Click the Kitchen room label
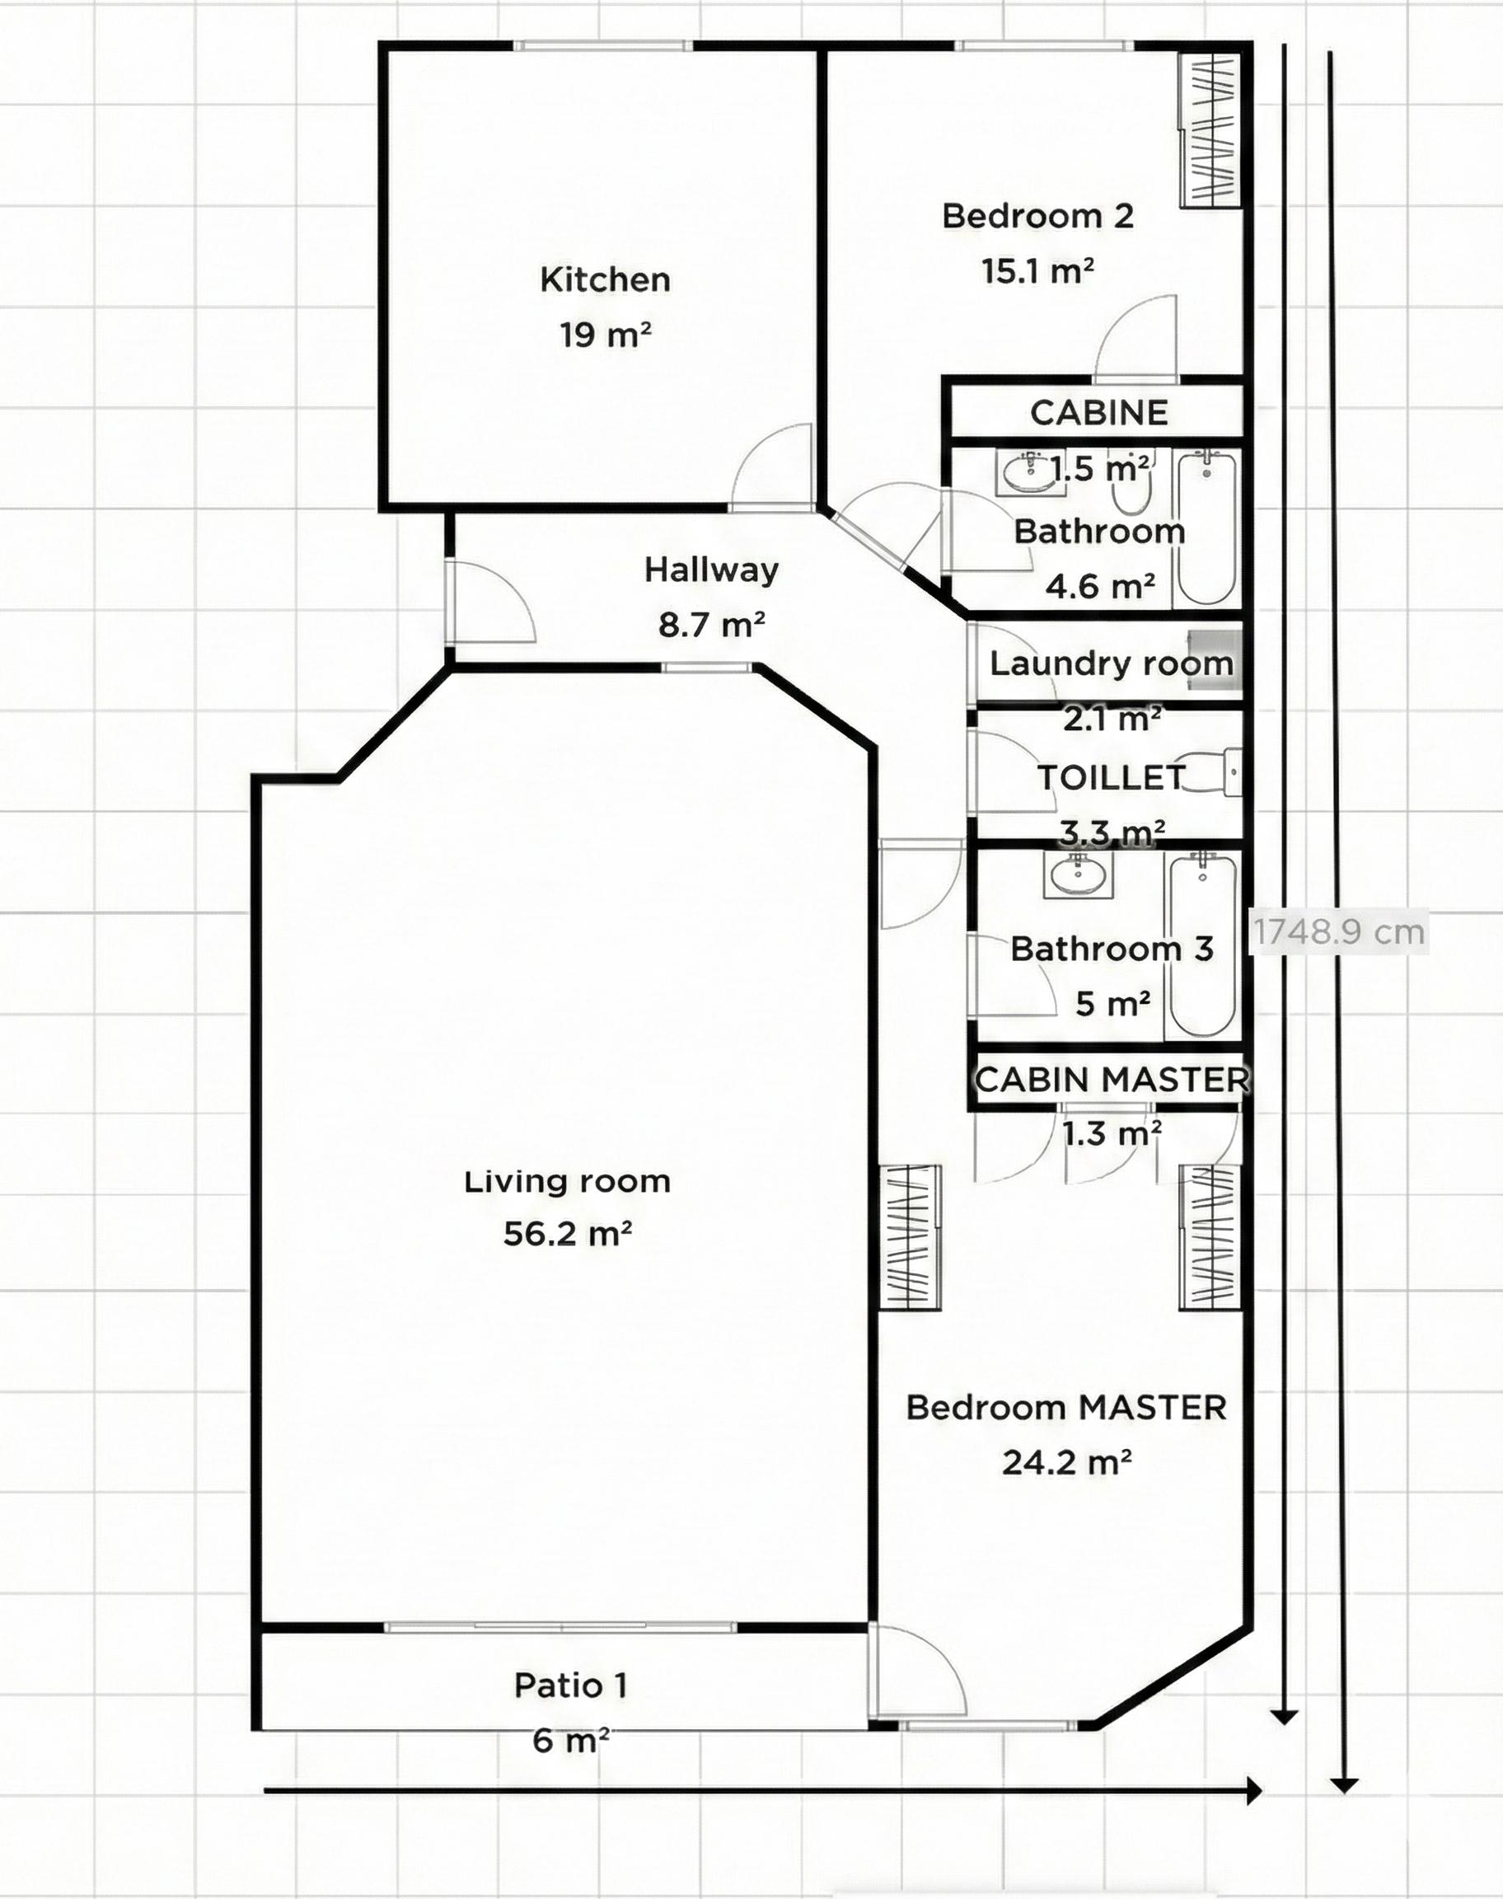(606, 280)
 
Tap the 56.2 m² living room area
(568, 1234)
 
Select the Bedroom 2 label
(1037, 216)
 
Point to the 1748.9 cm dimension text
(1338, 931)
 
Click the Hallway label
(711, 570)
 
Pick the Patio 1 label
(571, 1686)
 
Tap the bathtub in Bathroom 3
(1203, 945)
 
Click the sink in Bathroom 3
(1077, 874)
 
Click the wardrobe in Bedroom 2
(1210, 129)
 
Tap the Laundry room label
(1112, 663)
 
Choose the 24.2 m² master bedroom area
(1066, 1462)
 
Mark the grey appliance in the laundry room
(1215, 659)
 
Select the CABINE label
(1099, 413)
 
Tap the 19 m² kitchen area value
(606, 335)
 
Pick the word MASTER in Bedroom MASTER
(1153, 1407)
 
